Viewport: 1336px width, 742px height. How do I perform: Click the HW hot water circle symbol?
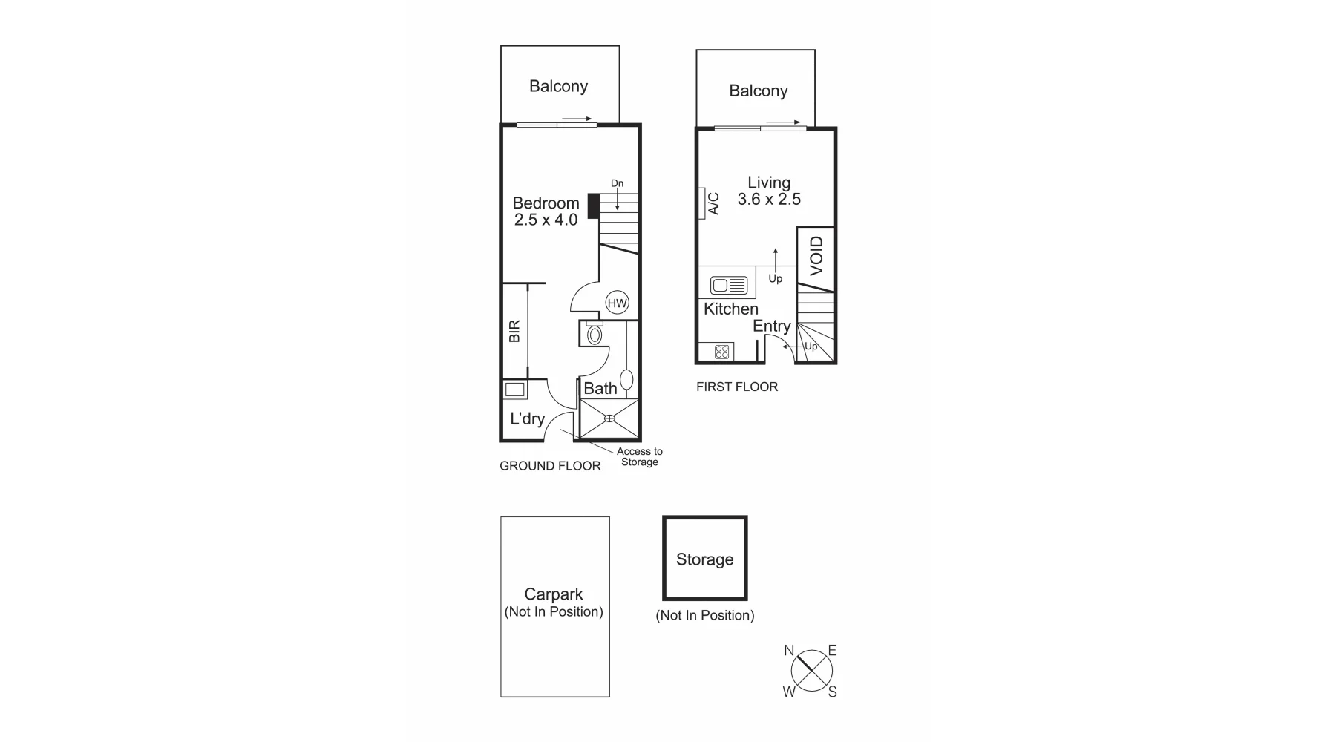(x=618, y=303)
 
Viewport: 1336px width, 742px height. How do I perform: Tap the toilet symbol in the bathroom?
(x=594, y=334)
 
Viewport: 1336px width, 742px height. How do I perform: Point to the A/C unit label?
(x=713, y=203)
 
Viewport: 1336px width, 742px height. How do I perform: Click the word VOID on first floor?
(x=816, y=256)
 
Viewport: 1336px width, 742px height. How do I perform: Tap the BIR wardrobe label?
(x=514, y=331)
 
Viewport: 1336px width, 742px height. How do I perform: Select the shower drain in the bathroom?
(x=610, y=418)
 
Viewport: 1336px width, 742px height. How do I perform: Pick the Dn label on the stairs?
(x=617, y=183)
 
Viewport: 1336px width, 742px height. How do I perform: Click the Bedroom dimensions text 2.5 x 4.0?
(x=546, y=220)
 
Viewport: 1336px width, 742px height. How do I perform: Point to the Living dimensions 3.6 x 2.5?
(x=769, y=199)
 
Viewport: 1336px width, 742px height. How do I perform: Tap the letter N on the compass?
(x=789, y=651)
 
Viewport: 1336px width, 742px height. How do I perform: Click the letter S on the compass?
(x=832, y=692)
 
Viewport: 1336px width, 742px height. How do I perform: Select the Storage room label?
(x=704, y=559)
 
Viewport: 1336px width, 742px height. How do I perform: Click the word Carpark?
(x=554, y=594)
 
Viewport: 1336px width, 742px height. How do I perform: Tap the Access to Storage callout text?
(x=639, y=456)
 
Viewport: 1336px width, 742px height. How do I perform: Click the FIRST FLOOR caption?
(x=737, y=387)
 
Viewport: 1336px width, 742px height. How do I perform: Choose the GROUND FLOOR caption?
(x=550, y=466)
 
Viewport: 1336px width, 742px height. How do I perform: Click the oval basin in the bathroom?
(x=627, y=380)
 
